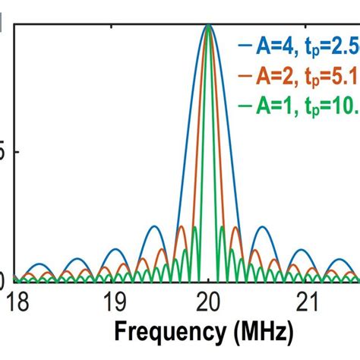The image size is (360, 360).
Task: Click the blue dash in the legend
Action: pyautogui.click(x=244, y=47)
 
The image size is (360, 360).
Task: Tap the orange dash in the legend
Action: pyautogui.click(x=244, y=76)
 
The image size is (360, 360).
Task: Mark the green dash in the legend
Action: pyautogui.click(x=244, y=105)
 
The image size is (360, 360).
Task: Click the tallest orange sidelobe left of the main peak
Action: pyautogui.click(x=182, y=226)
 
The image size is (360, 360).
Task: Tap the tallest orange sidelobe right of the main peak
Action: pyautogui.click(x=235, y=226)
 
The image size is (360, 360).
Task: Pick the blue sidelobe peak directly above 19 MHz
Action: pyautogui.click(x=112, y=249)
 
